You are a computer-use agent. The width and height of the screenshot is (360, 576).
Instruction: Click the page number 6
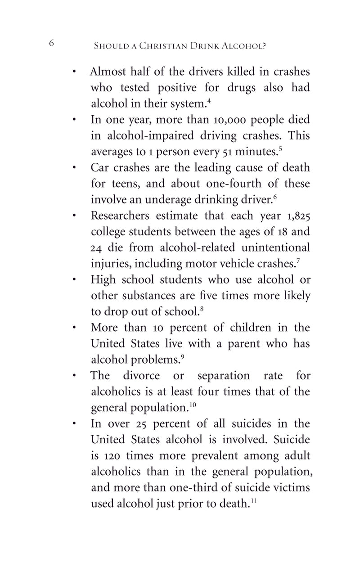point(51,43)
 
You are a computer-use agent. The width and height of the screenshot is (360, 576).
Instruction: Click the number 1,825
point(298,216)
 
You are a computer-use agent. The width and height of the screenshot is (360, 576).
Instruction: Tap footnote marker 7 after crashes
point(298,260)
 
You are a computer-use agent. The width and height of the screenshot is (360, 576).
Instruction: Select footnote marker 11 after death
point(253,500)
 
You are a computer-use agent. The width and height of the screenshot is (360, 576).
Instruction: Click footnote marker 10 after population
point(193,405)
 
